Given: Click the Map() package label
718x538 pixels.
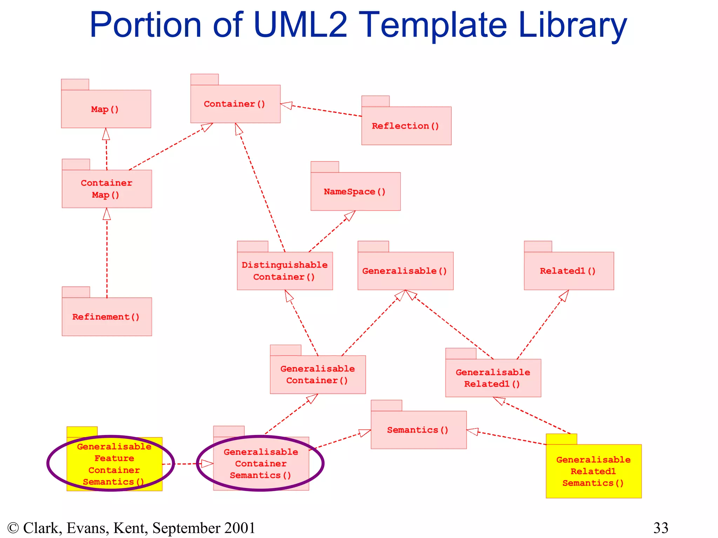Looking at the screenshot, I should pos(105,109).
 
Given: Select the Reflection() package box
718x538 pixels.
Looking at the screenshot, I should pos(406,126).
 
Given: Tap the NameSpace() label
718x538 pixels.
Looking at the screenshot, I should pos(354,192).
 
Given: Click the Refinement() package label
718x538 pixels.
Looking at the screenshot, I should pos(106,317).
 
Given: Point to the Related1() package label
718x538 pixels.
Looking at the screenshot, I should pos(568,271).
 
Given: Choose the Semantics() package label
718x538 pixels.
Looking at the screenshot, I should pos(418,430).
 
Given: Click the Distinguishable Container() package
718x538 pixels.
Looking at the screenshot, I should pos(284,271).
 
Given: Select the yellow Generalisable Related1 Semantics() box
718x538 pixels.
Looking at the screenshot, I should pos(593,471).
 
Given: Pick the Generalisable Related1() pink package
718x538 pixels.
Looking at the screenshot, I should pos(493,378).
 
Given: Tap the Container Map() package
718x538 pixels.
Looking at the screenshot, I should pos(107,189).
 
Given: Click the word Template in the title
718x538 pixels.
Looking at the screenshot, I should pos(433,25).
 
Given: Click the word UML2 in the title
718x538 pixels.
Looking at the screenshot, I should pos(300,25).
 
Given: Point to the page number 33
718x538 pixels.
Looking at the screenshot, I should pos(661,528).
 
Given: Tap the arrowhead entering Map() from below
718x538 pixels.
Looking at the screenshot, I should pos(106,134).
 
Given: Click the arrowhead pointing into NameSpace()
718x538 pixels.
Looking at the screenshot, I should pos(350,215).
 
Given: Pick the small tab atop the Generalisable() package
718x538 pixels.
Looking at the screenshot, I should pos(373,246).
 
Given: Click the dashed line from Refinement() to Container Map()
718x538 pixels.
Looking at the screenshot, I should pos(107,259).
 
